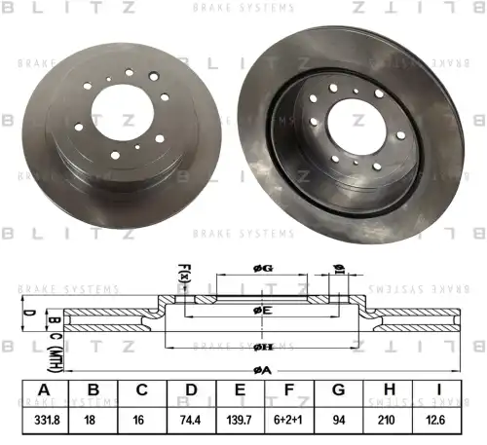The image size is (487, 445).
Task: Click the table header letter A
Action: (x=43, y=391)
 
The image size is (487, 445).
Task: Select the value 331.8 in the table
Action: (x=43, y=421)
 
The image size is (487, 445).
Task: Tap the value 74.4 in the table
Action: (x=191, y=421)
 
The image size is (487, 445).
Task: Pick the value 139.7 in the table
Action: (x=241, y=421)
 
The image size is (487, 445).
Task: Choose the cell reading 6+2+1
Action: (x=290, y=421)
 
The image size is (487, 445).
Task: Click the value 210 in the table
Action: (x=390, y=421)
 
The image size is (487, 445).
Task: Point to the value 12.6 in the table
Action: (x=439, y=421)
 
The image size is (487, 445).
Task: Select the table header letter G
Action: (x=340, y=391)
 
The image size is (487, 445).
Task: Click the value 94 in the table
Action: (x=340, y=421)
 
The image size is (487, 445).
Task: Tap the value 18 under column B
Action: (x=93, y=421)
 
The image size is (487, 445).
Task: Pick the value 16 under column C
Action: (x=142, y=421)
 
